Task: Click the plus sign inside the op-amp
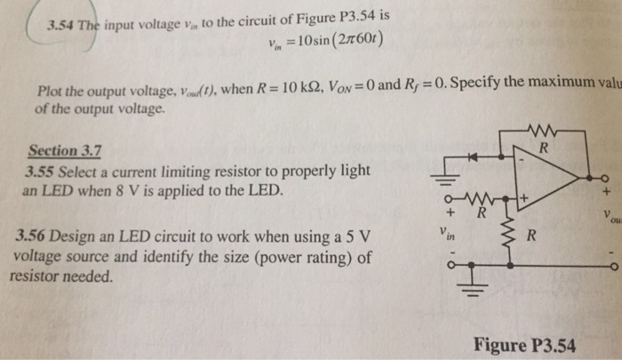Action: (525, 198)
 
